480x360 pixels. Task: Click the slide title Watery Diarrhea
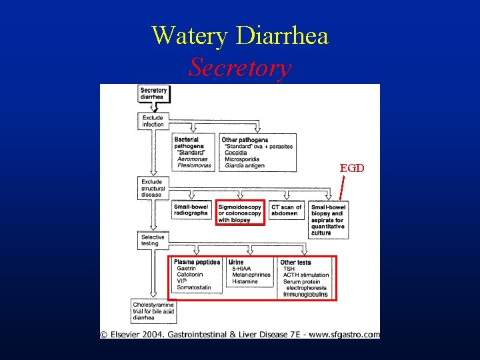(240, 35)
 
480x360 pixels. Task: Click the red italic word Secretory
(240, 67)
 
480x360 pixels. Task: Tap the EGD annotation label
(352, 168)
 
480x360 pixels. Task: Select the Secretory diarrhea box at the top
(153, 93)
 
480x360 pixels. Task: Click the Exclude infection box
(153, 121)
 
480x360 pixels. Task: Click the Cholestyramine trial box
(153, 310)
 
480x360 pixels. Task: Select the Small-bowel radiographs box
(191, 210)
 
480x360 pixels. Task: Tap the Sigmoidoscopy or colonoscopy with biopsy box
(240, 213)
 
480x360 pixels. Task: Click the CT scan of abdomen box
(287, 210)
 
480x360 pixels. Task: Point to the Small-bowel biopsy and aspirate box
(329, 220)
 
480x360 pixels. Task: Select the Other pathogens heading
(245, 140)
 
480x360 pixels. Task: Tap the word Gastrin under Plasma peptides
(187, 269)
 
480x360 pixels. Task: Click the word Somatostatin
(194, 288)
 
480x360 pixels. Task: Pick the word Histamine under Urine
(245, 281)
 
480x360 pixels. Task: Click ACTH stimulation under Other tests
(306, 275)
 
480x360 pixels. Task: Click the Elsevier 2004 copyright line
(240, 335)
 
